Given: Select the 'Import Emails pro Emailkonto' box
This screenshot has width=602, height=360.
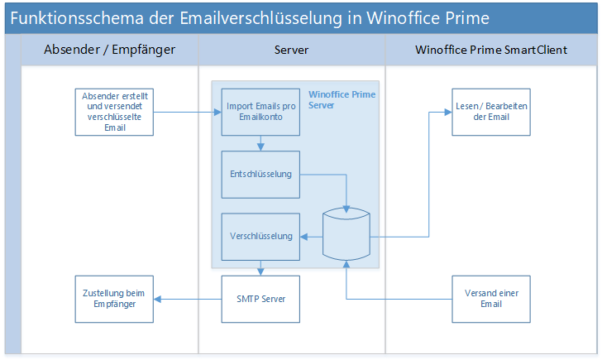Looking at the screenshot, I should coord(260,112).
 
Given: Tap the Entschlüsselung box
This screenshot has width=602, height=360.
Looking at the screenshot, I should coord(260,174).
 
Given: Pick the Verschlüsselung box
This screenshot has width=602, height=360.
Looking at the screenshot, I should coord(260,236).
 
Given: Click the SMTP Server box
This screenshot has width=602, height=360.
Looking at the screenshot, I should coord(260,298).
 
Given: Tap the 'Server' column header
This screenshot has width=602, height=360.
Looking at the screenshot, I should coord(291,50).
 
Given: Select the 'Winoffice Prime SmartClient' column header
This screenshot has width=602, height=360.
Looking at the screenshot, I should coord(490,50).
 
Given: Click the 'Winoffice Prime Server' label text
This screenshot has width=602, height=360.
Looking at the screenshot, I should coord(342,100).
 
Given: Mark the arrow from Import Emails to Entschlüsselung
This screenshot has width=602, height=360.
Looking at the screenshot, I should coord(260,142).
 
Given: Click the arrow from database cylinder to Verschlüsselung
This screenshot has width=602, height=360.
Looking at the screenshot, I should coord(311,236).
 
